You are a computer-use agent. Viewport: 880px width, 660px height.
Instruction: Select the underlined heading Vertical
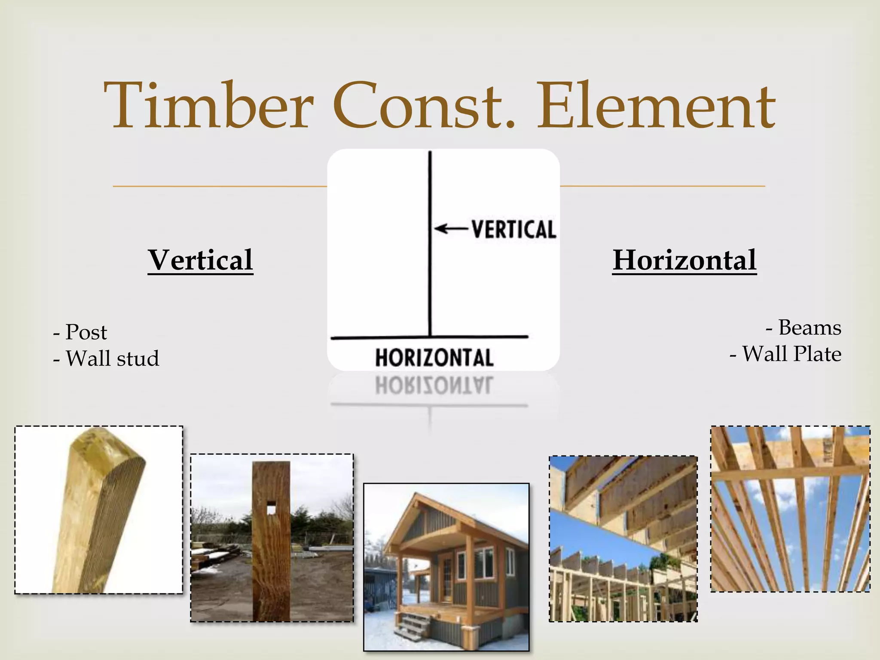[201, 260]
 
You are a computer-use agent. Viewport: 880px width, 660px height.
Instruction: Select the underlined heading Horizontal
[684, 260]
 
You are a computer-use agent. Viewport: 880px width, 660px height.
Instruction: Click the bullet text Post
[86, 332]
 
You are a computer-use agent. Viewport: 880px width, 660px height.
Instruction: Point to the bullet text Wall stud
[112, 358]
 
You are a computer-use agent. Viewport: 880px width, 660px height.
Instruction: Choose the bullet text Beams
[810, 328]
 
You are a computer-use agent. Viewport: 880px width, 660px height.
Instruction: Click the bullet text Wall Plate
[791, 354]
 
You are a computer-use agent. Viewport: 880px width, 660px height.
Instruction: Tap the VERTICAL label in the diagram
[514, 229]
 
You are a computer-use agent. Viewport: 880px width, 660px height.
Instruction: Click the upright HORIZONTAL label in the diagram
[434, 358]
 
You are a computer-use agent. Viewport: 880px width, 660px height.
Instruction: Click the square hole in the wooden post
[271, 510]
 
